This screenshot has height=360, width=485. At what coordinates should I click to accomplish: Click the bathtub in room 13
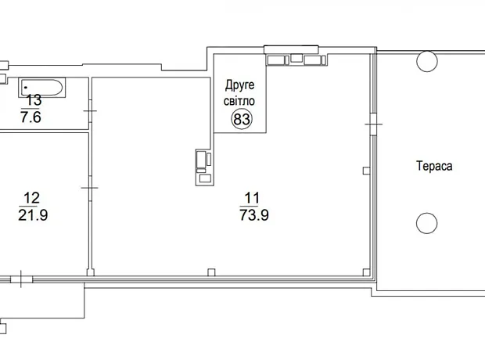click(42, 88)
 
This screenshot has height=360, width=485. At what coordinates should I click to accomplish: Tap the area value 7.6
click(31, 117)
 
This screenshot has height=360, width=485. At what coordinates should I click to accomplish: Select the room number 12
click(31, 198)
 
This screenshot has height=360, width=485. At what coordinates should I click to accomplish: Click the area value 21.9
click(33, 215)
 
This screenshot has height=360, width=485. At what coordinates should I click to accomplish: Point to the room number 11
click(252, 198)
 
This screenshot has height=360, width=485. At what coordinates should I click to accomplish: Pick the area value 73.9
click(254, 215)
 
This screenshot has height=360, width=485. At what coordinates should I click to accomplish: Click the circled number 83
click(242, 119)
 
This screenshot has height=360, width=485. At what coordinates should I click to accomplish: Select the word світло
click(239, 101)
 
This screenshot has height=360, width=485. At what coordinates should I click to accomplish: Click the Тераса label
click(434, 166)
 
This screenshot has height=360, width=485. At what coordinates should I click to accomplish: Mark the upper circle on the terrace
click(427, 61)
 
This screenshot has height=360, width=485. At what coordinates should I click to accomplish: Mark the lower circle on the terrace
click(427, 223)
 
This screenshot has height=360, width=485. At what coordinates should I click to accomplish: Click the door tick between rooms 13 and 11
click(90, 111)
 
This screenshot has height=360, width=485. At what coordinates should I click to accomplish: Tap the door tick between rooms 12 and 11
click(90, 188)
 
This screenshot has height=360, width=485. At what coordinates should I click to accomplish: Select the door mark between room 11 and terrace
click(374, 124)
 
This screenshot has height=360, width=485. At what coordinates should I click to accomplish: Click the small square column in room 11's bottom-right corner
click(366, 272)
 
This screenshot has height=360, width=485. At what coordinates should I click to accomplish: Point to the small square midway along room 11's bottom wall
click(211, 272)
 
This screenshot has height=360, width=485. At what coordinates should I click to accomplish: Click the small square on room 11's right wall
click(366, 171)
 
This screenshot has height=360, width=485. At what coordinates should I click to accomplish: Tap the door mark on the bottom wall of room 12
click(21, 279)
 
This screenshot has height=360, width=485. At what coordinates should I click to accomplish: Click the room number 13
click(34, 100)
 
